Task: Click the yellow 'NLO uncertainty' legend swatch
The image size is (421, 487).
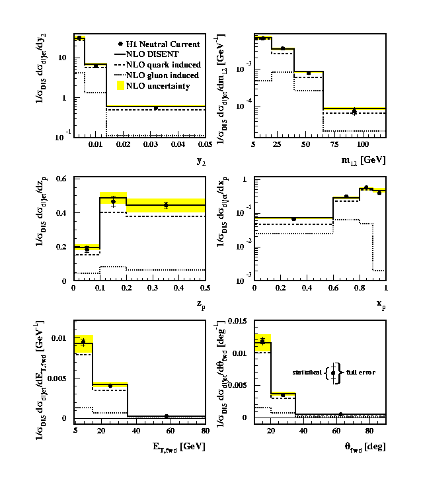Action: pyautogui.click(x=120, y=86)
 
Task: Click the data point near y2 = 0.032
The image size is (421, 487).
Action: pyautogui.click(x=156, y=108)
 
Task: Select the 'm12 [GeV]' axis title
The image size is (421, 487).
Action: pyautogui.click(x=365, y=159)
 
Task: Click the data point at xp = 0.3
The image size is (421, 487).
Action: pyautogui.click(x=293, y=218)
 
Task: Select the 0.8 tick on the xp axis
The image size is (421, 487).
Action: pyautogui.click(x=359, y=288)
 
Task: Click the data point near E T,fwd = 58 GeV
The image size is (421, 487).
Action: pyautogui.click(x=166, y=416)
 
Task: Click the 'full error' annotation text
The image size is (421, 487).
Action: pyautogui.click(x=361, y=373)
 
